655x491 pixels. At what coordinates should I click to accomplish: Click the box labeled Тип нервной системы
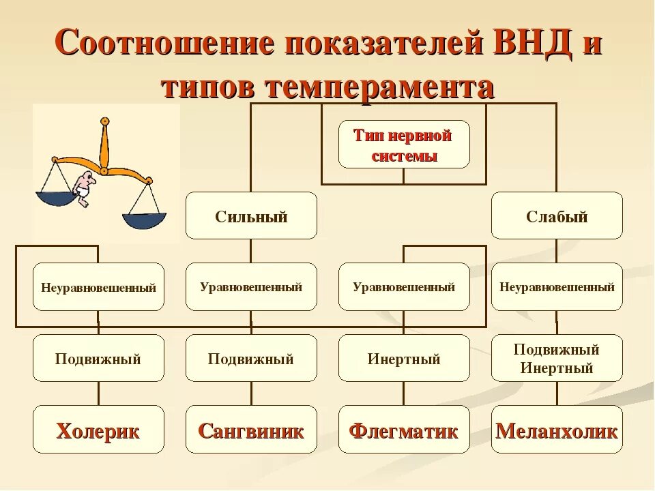pyautogui.click(x=404, y=145)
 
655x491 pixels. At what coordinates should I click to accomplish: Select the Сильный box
pyautogui.click(x=251, y=216)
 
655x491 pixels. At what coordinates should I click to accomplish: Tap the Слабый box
pyautogui.click(x=557, y=216)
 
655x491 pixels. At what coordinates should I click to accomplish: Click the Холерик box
pyautogui.click(x=98, y=430)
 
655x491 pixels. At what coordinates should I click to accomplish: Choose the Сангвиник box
pyautogui.click(x=251, y=430)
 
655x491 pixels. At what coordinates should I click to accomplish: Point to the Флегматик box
pyautogui.click(x=404, y=430)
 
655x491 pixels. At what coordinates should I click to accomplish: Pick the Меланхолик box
pyautogui.click(x=557, y=430)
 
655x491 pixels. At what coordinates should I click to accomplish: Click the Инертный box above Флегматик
pyautogui.click(x=404, y=358)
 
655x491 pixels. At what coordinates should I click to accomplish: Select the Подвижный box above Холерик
pyautogui.click(x=98, y=358)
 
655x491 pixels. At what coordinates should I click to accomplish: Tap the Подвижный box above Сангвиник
pyautogui.click(x=251, y=358)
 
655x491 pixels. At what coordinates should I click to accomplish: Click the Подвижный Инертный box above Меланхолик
pyautogui.click(x=557, y=358)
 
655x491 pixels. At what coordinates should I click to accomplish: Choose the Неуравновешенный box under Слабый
pyautogui.click(x=557, y=287)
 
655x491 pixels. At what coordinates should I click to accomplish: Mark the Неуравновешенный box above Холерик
pyautogui.click(x=98, y=287)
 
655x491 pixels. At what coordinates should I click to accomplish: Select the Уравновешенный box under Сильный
pyautogui.click(x=251, y=287)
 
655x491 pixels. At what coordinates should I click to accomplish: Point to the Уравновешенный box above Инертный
pyautogui.click(x=404, y=287)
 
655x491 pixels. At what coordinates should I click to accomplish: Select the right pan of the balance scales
pyautogui.click(x=144, y=220)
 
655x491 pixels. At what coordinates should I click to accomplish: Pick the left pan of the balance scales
pyautogui.click(x=56, y=198)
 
